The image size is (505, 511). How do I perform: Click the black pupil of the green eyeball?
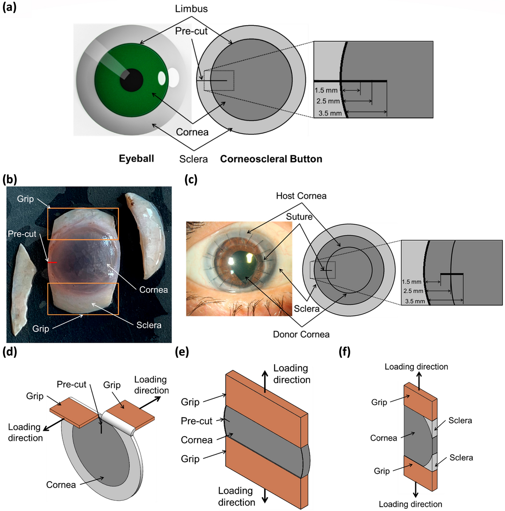131,80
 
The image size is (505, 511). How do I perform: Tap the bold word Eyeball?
136,159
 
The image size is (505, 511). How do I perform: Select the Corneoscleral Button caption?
271,159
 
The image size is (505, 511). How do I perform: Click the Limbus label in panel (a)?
191,9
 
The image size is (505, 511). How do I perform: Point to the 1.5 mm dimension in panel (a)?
326,90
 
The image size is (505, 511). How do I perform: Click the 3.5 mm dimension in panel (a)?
330,113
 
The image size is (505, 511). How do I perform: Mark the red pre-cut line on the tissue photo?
52,262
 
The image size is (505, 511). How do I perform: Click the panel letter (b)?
10,180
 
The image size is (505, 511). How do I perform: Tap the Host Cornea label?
301,196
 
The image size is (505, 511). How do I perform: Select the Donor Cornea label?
301,335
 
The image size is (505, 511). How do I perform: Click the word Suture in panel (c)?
299,217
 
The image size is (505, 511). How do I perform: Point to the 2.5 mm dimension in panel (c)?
413,291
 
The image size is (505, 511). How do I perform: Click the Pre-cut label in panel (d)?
71,384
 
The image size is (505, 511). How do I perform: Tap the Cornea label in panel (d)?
61,485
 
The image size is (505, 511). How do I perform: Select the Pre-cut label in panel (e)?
197,421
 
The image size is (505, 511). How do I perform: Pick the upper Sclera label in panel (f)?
460,420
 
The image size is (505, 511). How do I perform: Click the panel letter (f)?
344,352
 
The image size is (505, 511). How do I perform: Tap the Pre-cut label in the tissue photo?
22,234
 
